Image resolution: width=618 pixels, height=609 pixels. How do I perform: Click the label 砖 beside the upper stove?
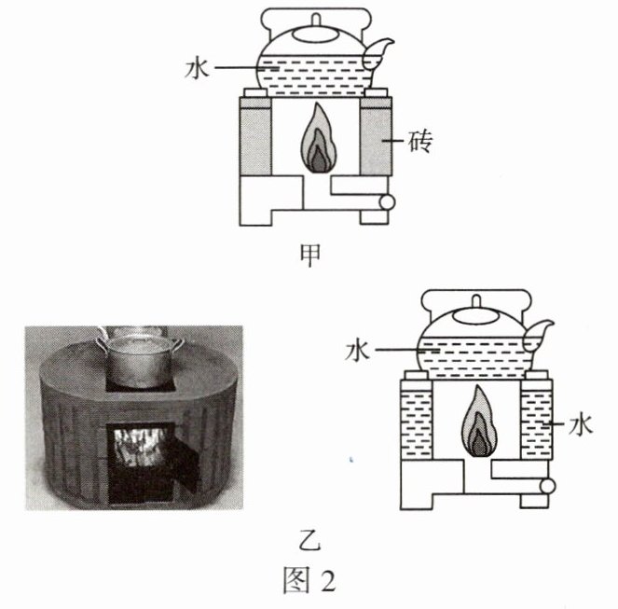420,141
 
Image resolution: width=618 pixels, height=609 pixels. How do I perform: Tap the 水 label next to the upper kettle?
197,68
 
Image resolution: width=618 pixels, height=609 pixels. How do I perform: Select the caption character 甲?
309,255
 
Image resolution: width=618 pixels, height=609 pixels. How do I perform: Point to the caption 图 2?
309,580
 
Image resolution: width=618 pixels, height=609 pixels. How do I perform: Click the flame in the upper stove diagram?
319,138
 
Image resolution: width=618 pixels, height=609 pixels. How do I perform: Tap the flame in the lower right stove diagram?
479,421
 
